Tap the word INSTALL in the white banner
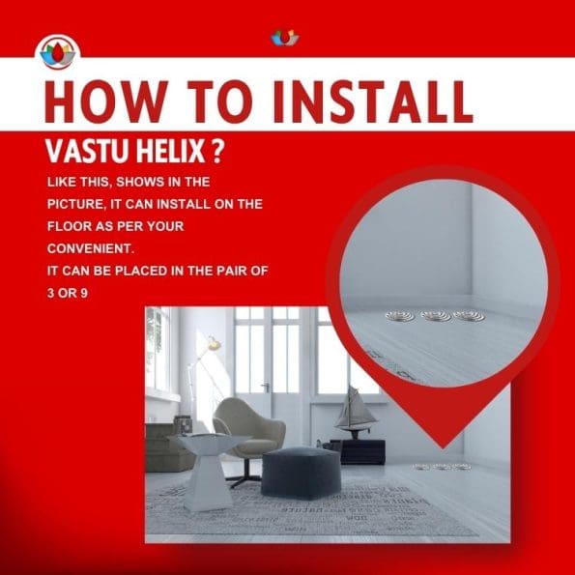click(x=373, y=101)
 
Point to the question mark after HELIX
click(x=217, y=151)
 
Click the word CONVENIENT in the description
click(x=89, y=248)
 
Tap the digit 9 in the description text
click(x=84, y=294)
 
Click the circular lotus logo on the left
click(x=58, y=52)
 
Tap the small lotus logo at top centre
click(x=285, y=38)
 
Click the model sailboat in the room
click(x=354, y=412)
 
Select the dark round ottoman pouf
click(x=301, y=473)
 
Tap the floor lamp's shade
click(x=214, y=344)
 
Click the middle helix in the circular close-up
click(x=436, y=316)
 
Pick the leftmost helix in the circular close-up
click(x=401, y=316)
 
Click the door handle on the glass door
click(x=266, y=386)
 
